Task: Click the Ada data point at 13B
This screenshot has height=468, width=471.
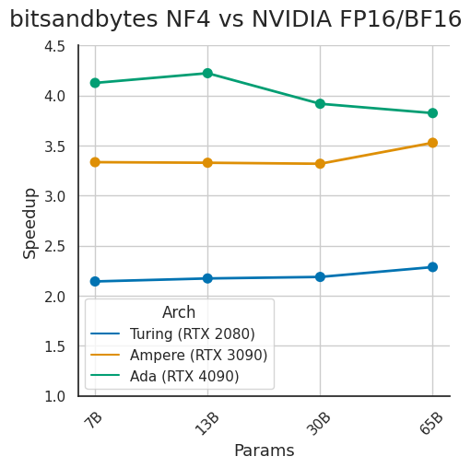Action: coord(207,73)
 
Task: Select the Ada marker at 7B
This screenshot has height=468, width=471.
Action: coord(95,83)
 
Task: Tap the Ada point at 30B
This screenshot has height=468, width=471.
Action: coord(320,104)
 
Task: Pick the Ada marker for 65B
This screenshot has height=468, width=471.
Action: coord(432,113)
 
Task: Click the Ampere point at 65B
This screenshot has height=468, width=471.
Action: coord(432,143)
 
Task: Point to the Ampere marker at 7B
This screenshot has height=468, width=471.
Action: coord(95,162)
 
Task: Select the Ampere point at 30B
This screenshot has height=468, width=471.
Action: coord(320,164)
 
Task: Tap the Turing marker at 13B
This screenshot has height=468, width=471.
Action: coord(207,278)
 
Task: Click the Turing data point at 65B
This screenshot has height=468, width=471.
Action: coord(432,267)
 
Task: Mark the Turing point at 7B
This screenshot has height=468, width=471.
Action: coord(95,281)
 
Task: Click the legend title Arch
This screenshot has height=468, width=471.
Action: coord(179,312)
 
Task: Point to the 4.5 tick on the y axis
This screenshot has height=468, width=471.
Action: coord(53,46)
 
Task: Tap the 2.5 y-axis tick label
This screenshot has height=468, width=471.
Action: coord(53,246)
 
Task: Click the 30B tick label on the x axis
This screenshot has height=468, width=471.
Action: coord(319,422)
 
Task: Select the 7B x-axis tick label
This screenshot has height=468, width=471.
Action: coord(94,419)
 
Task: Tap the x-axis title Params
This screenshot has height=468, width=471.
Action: coord(264,450)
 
